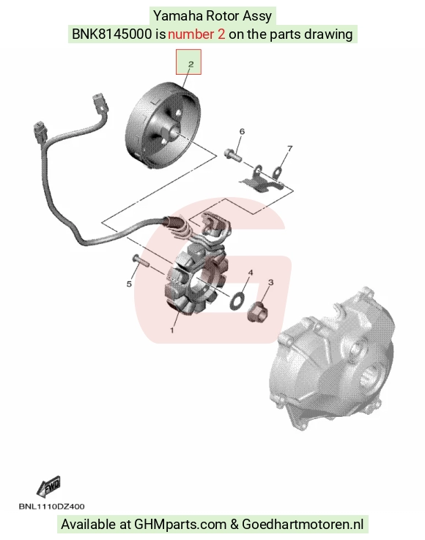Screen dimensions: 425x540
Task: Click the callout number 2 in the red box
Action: click(191, 64)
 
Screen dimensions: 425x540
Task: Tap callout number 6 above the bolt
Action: click(242, 131)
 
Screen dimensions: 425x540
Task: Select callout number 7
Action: click(289, 149)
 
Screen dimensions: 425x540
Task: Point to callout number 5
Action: click(129, 284)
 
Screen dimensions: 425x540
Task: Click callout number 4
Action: click(251, 273)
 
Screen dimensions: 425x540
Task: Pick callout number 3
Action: click(270, 282)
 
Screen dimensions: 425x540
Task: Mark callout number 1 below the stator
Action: click(172, 330)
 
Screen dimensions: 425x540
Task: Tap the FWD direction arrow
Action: click(49, 487)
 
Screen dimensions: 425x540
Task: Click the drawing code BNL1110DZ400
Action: click(52, 506)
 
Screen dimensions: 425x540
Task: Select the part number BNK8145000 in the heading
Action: click(111, 34)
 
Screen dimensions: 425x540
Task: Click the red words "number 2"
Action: click(196, 34)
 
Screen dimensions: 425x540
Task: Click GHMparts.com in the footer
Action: click(180, 524)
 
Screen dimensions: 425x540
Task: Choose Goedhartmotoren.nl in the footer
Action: click(303, 524)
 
